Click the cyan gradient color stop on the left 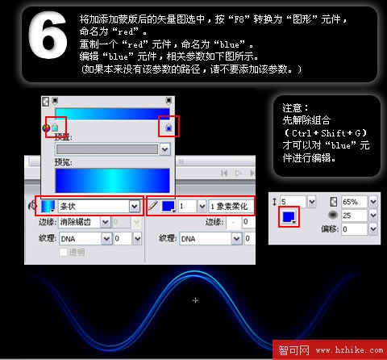[55, 128]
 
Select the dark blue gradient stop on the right [167, 128]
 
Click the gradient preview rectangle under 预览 [112, 179]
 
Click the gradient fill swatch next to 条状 [49, 207]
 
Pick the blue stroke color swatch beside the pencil [169, 207]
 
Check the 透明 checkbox [64, 253]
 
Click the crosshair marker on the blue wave [195, 300]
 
